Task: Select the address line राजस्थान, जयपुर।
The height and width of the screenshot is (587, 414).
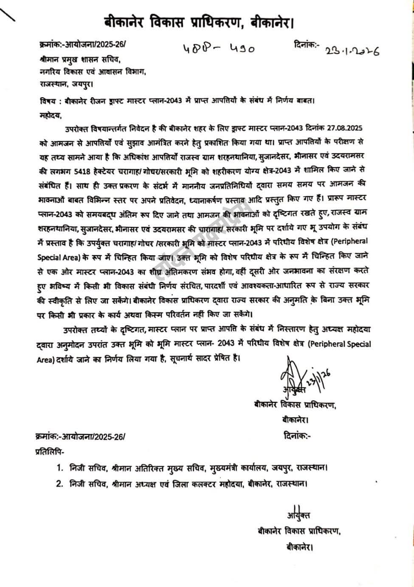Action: pyautogui.click(x=65, y=84)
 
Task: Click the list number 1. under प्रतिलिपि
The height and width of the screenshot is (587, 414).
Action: pyautogui.click(x=59, y=468)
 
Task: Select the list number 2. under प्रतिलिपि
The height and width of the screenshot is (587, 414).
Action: pyautogui.click(x=59, y=483)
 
